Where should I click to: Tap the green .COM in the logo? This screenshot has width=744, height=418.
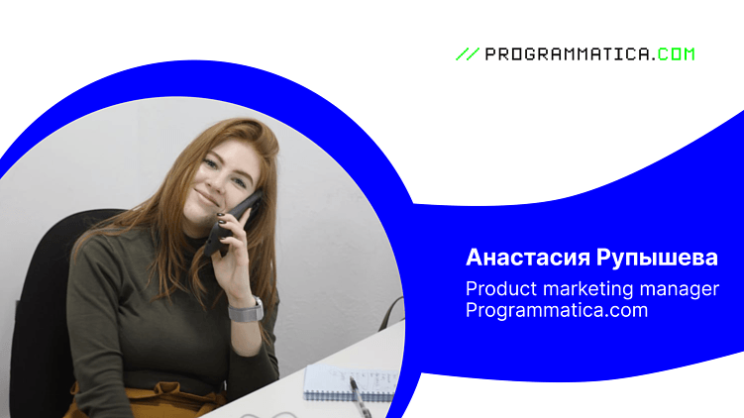coord(675,54)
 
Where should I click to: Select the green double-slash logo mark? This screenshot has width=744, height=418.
coord(467,54)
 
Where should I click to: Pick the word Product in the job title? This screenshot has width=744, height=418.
coord(497,288)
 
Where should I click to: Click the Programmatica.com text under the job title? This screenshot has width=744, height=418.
coord(557,310)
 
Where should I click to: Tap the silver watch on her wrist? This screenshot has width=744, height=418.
coord(246,310)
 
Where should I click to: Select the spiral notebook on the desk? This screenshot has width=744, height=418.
coord(335,381)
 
